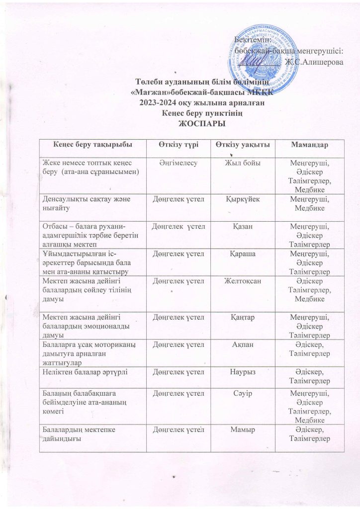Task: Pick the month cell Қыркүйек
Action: [x=243, y=199]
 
